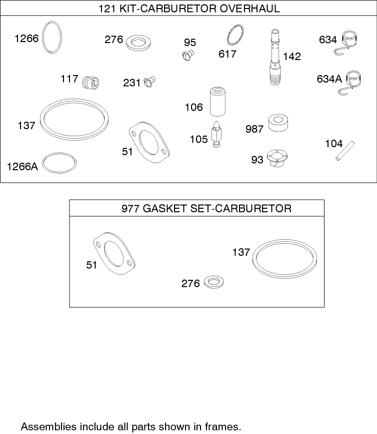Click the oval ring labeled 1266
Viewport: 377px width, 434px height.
coord(52,37)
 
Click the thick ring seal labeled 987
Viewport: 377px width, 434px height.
coord(278,123)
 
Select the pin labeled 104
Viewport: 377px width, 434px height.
coord(345,152)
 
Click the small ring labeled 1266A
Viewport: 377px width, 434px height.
coord(60,163)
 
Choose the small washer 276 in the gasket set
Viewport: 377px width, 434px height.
coord(213,282)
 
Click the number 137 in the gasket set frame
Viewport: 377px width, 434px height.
coord(240,252)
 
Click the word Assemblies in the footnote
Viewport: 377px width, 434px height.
coord(48,426)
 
